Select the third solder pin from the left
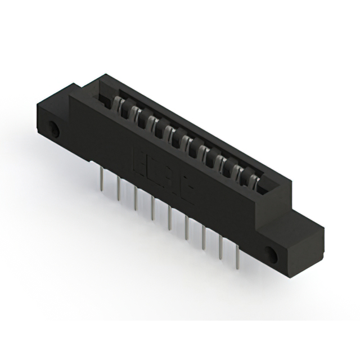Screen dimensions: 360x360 click(136, 199)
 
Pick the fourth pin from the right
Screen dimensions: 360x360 click(186, 227)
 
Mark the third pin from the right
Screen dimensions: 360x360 click(203, 237)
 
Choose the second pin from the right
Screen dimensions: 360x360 click(220, 247)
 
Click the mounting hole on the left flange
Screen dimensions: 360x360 click(55, 129)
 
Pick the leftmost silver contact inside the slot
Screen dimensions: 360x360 click(119, 105)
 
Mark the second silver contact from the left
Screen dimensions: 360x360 click(135, 114)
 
